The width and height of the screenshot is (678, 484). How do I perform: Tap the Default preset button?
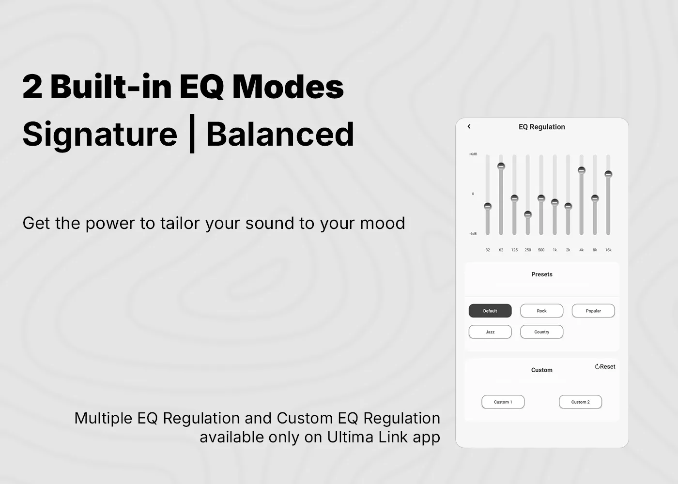pos(490,311)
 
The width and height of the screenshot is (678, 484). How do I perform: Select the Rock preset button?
pos(541,311)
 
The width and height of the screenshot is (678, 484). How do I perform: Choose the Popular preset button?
pos(593,311)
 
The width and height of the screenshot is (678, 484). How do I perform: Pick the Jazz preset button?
pos(490,332)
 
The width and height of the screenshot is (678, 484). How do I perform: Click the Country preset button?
pos(541,332)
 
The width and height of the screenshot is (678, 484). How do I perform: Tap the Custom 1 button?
pos(503,402)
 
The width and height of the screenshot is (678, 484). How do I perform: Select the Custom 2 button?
pos(580,402)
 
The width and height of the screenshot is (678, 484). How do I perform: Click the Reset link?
pos(605,367)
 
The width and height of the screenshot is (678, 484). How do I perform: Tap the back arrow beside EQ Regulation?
pos(469,126)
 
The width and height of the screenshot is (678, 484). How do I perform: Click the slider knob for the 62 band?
pos(501,166)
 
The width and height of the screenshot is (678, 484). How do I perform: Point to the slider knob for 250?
pos(527,214)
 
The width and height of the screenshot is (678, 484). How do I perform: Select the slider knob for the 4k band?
pos(582,170)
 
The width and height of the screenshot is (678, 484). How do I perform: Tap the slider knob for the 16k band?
pos(608,174)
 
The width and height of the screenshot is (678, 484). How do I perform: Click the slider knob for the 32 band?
pos(488,206)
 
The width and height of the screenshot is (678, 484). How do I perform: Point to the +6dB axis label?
pos(473,154)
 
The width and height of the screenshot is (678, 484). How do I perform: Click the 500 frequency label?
pos(541,250)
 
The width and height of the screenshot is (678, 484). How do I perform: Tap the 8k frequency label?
pos(595,250)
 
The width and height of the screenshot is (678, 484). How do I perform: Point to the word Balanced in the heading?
pos(280,134)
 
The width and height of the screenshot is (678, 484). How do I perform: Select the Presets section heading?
pos(542,274)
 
